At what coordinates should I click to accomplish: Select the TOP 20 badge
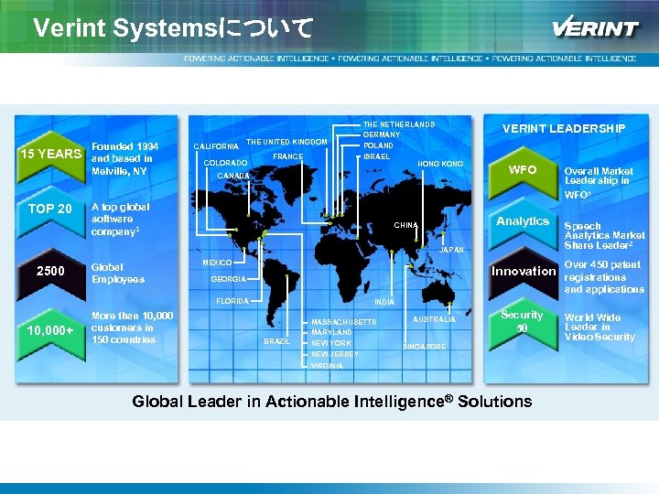click(x=50, y=209)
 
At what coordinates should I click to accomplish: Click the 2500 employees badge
click(x=50, y=272)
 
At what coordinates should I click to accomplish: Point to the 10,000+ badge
click(x=50, y=329)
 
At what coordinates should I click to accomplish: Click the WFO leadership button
click(x=523, y=170)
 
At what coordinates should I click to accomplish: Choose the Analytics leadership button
click(x=523, y=220)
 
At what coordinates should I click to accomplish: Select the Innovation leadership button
click(x=523, y=271)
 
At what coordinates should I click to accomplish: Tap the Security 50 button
click(x=523, y=321)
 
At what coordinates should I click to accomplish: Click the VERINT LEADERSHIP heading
click(x=564, y=129)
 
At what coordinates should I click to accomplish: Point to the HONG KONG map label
click(x=440, y=164)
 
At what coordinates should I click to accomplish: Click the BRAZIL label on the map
click(x=276, y=341)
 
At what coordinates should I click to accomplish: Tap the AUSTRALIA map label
click(x=434, y=320)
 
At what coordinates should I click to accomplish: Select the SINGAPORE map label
click(x=425, y=347)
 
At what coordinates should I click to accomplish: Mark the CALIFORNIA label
click(x=217, y=146)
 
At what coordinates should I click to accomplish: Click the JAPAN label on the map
click(x=452, y=250)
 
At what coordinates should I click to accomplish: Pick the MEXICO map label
click(x=217, y=263)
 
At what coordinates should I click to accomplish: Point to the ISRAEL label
click(x=377, y=156)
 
